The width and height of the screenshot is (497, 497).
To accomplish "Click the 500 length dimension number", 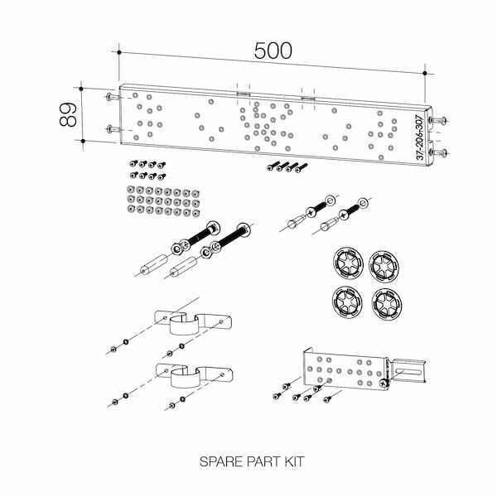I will coord(273,51).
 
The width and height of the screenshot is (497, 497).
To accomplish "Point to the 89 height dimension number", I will coord(69,114).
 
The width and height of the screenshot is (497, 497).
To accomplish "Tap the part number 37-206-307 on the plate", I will coord(420,137).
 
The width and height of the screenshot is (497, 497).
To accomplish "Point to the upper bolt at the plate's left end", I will coord(113,98).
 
